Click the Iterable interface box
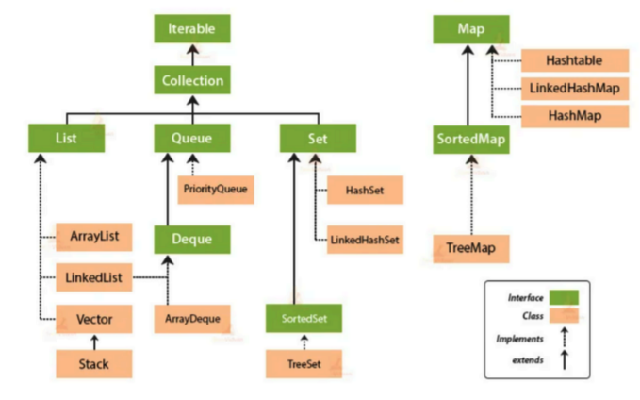coord(192,29)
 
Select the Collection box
coord(192,80)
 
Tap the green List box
coord(66,139)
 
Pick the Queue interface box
coord(192,139)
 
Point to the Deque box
coord(192,238)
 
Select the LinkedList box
coord(93,278)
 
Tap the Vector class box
coord(93,319)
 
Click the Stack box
coord(93,361)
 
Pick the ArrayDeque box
coord(192,319)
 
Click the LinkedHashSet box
coord(365,240)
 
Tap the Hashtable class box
coord(573,60)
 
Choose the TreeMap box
coord(471,248)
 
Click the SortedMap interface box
coord(471,140)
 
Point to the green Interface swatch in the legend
coord(563,297)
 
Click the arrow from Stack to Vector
coord(93,341)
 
